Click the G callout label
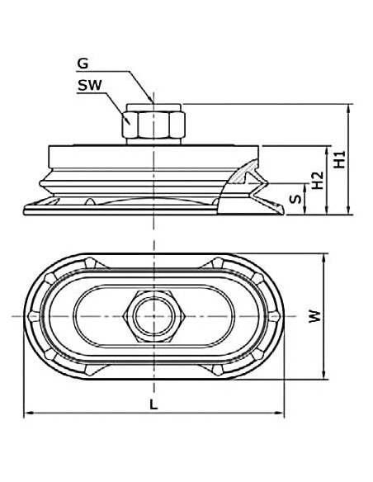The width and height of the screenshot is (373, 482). (x=83, y=64)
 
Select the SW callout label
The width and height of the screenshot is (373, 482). (x=89, y=85)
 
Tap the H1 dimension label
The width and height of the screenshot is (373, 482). (x=340, y=159)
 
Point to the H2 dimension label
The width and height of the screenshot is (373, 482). (x=318, y=180)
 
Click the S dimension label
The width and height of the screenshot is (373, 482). (x=296, y=199)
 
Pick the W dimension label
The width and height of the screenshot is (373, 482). (x=314, y=316)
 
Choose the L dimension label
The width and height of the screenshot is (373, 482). (x=153, y=404)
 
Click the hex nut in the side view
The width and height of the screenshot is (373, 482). (x=153, y=125)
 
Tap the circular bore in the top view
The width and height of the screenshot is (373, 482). (x=154, y=316)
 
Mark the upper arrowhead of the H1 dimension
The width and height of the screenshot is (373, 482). (x=348, y=108)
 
